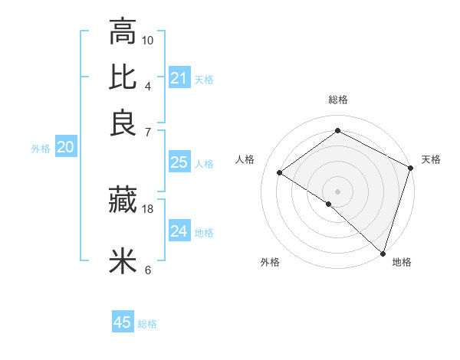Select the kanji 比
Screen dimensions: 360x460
(123, 78)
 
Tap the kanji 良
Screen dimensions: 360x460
(123, 123)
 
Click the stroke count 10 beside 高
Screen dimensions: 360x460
(148, 40)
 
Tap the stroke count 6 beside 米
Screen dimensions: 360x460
(148, 270)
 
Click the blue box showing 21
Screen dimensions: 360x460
(179, 78)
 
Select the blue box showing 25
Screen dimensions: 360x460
(179, 162)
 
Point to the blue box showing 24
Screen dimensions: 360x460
(179, 231)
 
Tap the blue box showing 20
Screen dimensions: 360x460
(65, 148)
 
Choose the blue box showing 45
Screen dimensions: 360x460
(123, 322)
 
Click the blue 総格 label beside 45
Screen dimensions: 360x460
(147, 324)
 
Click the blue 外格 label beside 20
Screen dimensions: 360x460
(41, 149)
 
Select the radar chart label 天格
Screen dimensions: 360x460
(431, 159)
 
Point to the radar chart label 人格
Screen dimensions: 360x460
(245, 159)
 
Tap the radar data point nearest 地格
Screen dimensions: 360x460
(383, 253)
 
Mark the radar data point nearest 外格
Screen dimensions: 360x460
(329, 204)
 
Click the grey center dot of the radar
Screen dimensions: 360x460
(338, 191)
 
